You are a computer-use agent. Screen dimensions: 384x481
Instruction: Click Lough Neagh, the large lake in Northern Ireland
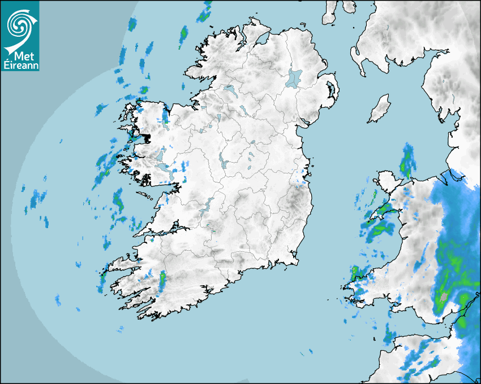[294, 77]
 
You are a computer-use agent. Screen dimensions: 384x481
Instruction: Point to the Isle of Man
[379, 109]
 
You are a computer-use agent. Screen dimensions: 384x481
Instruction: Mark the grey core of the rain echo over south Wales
[444, 296]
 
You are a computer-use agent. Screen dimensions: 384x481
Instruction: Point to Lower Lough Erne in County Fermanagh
[229, 90]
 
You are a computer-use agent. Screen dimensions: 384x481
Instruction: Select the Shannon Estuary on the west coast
[164, 231]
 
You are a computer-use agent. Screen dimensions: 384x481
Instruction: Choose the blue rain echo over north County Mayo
[165, 116]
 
